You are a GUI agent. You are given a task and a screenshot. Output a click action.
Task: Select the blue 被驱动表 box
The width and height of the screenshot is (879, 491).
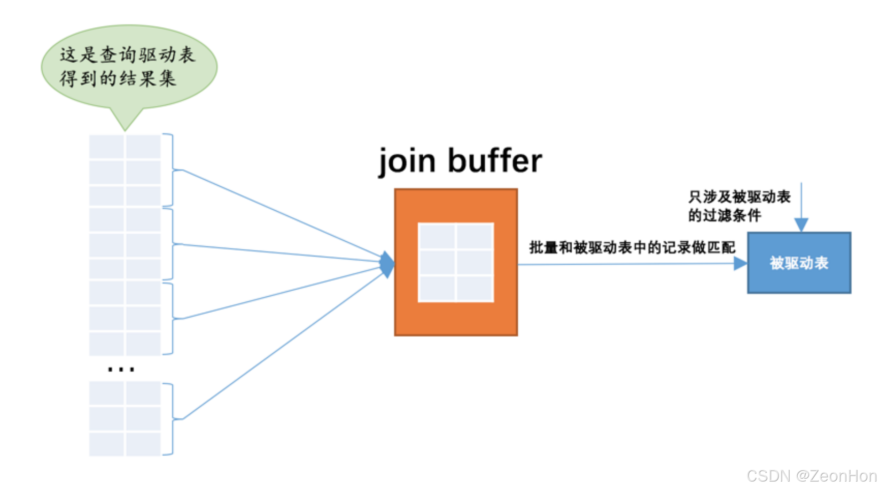coord(799,263)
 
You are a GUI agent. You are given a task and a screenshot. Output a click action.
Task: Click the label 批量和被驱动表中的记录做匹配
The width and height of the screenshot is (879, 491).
coord(632,247)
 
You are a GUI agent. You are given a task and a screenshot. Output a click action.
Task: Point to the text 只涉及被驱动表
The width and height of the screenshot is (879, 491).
coord(739,197)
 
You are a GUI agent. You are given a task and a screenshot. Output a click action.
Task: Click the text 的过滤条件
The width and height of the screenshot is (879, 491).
coord(724,215)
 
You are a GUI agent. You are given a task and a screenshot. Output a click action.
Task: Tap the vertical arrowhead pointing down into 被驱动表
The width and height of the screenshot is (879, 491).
coord(801,224)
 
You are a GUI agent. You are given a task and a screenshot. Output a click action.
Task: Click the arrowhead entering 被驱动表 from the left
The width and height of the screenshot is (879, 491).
coord(740,263)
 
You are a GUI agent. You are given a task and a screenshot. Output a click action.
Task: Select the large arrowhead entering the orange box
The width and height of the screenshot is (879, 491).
coord(388,264)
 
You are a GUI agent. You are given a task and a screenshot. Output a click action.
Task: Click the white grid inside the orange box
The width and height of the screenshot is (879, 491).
coord(456,262)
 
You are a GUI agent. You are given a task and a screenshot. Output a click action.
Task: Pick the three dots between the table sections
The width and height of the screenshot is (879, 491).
coord(121,369)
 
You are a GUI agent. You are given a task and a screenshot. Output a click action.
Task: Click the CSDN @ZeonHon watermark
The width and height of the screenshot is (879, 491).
coord(811,476)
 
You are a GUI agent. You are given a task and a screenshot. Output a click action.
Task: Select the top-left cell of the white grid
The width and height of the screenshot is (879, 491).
coord(437,237)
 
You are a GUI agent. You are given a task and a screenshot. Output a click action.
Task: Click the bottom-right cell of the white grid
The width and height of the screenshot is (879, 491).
coord(475,287)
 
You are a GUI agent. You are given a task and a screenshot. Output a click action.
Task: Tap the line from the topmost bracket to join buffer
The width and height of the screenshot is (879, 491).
coord(282,214)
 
